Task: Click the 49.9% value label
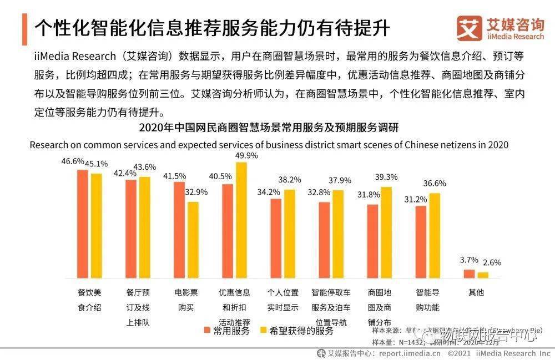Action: (247, 156)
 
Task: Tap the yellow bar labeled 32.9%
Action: (193, 240)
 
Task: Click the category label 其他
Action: (476, 292)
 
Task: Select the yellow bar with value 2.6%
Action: (483, 275)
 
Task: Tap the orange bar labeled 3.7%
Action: (470, 273)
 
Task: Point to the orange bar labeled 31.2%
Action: (421, 242)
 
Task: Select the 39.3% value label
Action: (387, 177)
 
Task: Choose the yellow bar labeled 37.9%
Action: (338, 234)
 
